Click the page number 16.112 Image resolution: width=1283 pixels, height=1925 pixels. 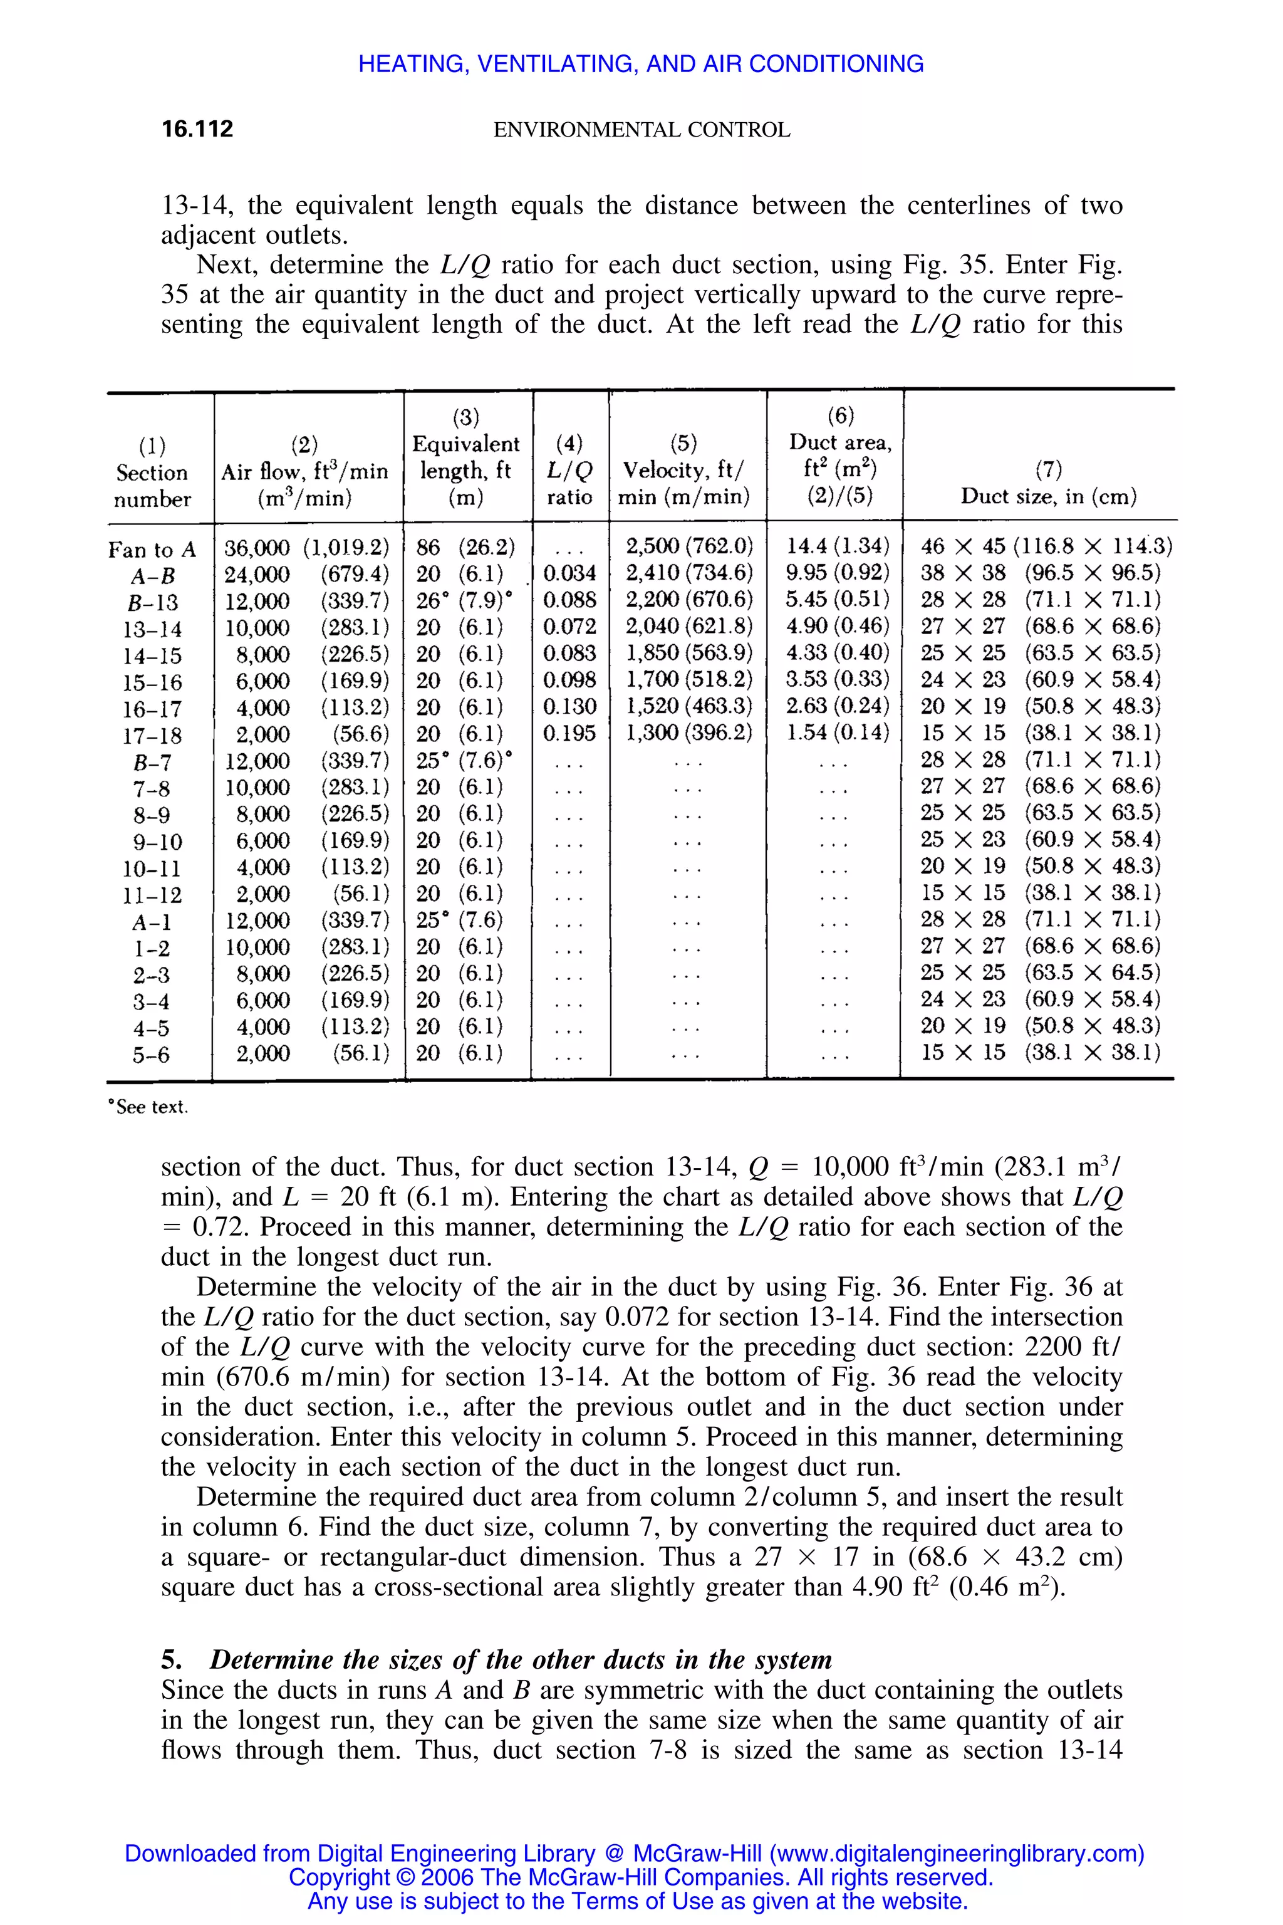point(197,128)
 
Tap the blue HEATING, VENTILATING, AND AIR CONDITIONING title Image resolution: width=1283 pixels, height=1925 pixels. point(641,64)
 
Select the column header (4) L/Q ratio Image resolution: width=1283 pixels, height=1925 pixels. point(569,470)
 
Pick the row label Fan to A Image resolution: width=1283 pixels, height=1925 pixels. point(152,549)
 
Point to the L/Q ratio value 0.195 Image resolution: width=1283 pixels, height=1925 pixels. point(569,733)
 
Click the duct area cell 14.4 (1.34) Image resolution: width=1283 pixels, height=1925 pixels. point(837,546)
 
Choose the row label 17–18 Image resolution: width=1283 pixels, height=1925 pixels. point(152,736)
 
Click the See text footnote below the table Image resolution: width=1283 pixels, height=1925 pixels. point(150,1107)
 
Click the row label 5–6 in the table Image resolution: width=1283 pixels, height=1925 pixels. point(152,1055)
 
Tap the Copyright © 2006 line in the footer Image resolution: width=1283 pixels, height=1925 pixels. point(641,1877)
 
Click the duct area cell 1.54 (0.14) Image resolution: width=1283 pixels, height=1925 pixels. point(837,733)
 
